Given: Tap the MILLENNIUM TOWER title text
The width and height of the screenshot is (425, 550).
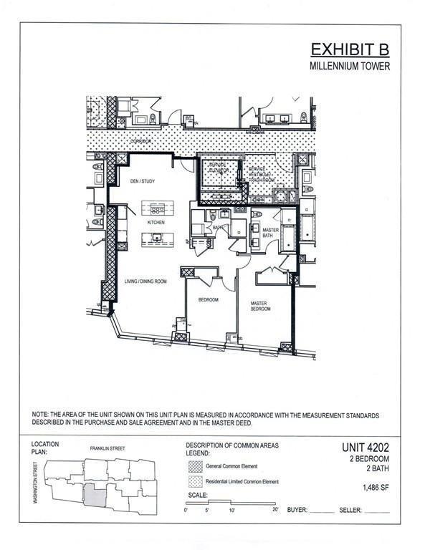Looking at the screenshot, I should pos(350,67).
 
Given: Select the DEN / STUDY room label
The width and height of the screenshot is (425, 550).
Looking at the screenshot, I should pos(142,181).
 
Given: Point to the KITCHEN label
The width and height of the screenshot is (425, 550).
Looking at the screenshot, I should pos(156,223).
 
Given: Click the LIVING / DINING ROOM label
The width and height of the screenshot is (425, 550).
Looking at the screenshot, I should pos(145,281).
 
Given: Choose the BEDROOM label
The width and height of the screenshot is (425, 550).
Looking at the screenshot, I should pos(208,299).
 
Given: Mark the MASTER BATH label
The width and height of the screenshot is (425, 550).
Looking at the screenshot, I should pos(269,233).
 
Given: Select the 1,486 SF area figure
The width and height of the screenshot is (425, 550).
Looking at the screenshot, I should pos(374,486).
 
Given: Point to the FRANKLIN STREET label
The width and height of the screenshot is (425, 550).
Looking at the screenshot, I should pos(107,448).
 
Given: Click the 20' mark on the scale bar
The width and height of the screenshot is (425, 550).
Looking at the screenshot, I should pos(275,510).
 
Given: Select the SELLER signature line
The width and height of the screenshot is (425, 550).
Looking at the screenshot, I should pos(377,511).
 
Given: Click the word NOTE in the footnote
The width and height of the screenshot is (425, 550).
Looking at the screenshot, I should pos(39,415).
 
